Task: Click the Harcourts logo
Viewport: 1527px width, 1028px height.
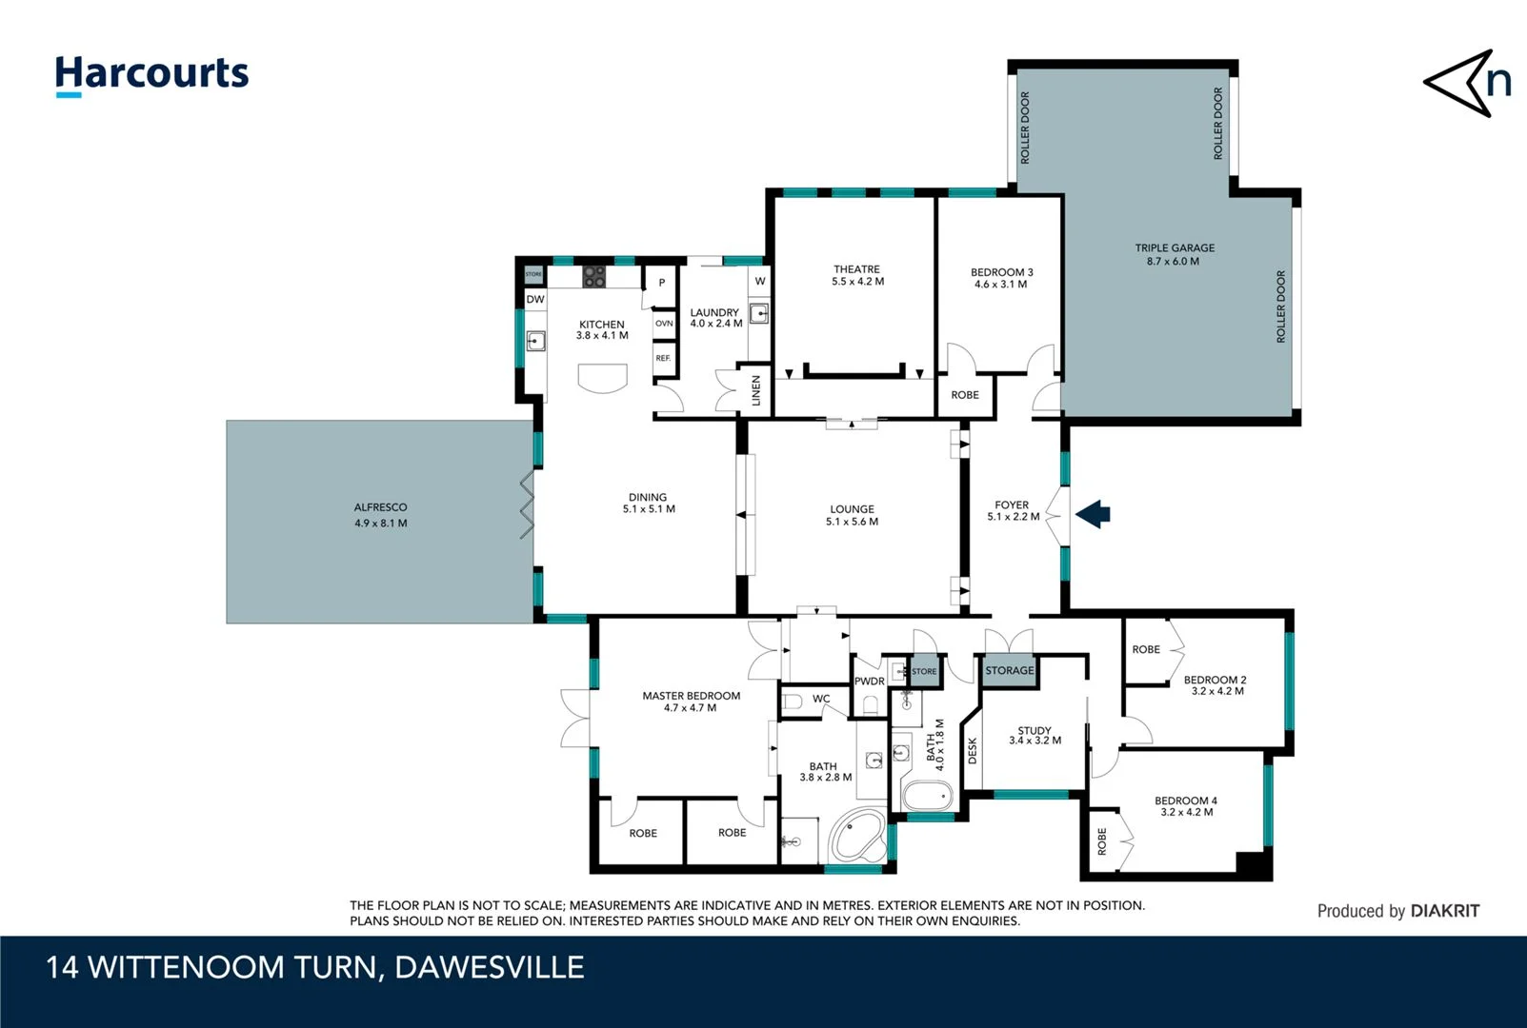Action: pos(151,75)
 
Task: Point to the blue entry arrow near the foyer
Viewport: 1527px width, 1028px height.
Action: pos(1094,514)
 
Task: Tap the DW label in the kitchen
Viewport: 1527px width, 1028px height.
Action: pos(535,299)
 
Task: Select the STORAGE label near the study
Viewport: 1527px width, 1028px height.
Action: pos(1009,671)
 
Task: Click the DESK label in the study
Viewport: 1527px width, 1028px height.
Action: pos(973,750)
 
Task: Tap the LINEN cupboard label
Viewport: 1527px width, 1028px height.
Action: pos(756,390)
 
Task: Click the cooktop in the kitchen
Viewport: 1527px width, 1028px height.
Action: pos(594,276)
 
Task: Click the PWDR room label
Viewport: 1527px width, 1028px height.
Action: pos(869,682)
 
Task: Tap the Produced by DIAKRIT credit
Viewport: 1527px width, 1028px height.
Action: pos(1397,911)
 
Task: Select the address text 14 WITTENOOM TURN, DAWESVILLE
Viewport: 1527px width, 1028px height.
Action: pos(315,967)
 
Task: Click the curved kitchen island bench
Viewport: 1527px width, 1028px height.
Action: pos(602,378)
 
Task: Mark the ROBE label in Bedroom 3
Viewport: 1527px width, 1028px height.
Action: pos(964,395)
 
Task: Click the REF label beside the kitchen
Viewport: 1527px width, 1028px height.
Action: pos(663,358)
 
